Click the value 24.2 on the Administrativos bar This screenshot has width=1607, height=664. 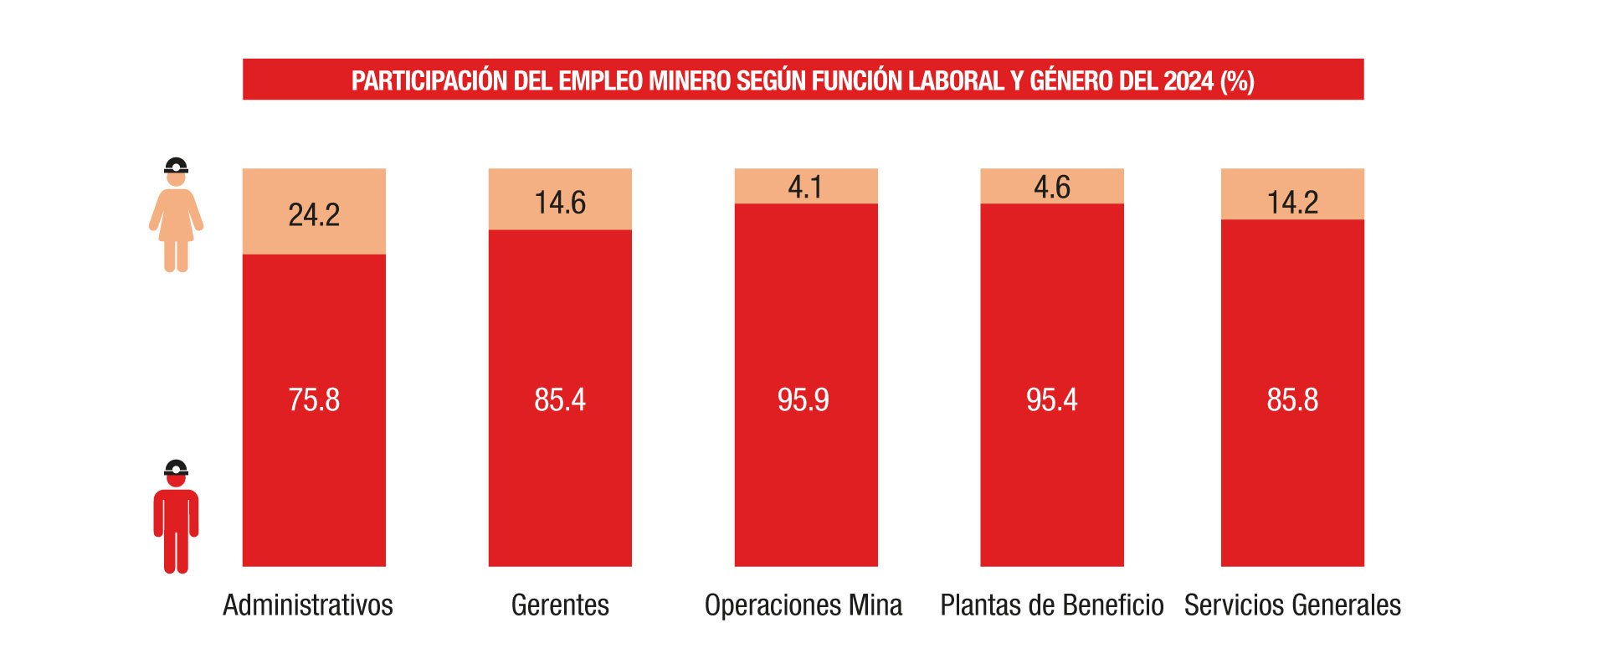(x=314, y=215)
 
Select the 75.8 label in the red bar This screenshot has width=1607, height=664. (x=314, y=400)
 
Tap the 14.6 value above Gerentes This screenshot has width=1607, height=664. (x=560, y=203)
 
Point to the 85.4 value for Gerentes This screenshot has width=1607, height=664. (x=560, y=400)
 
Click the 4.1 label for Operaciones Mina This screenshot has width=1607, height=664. (x=805, y=187)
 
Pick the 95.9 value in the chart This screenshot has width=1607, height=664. (x=803, y=400)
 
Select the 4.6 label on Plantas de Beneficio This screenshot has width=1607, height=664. (x=1052, y=187)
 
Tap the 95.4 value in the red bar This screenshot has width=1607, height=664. (x=1052, y=400)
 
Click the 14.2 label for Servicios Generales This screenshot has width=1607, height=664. (x=1292, y=203)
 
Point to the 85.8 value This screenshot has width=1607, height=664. (x=1292, y=400)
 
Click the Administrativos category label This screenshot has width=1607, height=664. (x=308, y=605)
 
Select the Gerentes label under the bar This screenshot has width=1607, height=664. (x=560, y=605)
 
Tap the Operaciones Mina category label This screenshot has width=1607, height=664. (x=803, y=605)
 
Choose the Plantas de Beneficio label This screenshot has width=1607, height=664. (x=1052, y=605)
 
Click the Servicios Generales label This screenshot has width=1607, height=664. (x=1292, y=605)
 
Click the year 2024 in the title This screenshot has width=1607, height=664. (x=1189, y=81)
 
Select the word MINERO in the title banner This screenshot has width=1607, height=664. (x=690, y=81)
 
